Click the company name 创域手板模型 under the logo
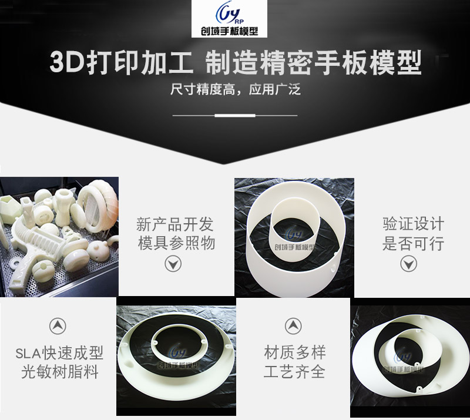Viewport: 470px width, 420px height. coord(229,31)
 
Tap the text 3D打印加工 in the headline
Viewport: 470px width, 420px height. coord(121,63)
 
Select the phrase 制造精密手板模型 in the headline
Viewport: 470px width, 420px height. coord(314,63)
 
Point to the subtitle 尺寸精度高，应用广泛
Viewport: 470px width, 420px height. coord(236,89)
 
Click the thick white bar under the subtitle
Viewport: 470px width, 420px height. coord(235,115)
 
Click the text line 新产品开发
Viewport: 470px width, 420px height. coord(174,224)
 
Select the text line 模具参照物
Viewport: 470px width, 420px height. coord(176,243)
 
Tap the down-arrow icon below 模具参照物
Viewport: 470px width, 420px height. coord(173,264)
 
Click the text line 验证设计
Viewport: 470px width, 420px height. coord(413,224)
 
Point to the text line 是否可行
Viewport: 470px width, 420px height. coord(413,243)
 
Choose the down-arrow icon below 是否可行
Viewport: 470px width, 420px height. coord(408,264)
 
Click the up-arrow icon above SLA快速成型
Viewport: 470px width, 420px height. coord(58,326)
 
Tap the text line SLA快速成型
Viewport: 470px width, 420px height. coord(59,353)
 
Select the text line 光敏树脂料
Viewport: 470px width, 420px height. coord(60,372)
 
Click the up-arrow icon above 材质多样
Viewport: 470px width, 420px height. coord(293,326)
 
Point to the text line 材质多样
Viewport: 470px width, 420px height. coord(295,352)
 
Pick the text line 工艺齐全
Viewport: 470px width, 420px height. coord(294,372)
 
